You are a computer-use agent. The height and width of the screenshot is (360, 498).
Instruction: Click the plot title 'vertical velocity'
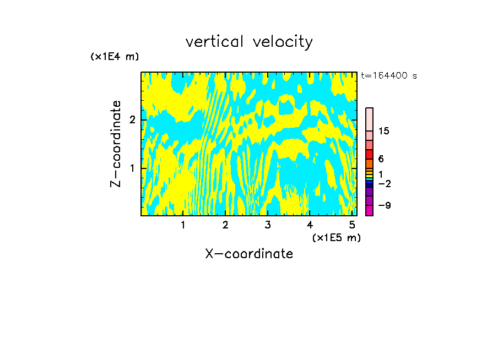coord(249,42)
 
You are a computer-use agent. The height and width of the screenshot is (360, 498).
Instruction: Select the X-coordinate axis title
coord(249,254)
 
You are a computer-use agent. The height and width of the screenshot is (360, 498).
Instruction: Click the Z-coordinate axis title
coord(116,144)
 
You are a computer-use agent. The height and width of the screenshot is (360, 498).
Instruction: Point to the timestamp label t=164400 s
coord(389,75)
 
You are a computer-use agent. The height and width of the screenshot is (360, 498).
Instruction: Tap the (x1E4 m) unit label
coord(115,56)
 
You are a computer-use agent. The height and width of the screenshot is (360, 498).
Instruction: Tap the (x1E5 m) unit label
coord(336,237)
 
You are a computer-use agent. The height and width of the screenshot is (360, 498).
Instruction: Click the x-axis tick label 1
coord(183,225)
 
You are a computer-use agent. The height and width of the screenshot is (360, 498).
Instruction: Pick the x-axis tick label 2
coord(225,225)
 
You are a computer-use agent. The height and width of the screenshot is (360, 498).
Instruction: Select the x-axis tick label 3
coord(268,225)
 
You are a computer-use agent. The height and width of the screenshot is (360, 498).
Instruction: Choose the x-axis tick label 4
coord(310,225)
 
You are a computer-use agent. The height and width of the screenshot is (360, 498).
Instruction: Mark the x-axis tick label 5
coord(352,225)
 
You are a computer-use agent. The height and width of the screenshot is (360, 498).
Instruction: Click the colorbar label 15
coord(384,131)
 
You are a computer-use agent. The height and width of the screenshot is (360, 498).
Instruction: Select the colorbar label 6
coord(381,159)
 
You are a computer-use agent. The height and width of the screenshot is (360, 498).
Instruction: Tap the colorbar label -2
coord(384,183)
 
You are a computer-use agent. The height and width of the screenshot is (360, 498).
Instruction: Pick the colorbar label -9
coord(384,205)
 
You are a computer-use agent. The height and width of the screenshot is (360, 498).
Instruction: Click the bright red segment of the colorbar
coord(370,154)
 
